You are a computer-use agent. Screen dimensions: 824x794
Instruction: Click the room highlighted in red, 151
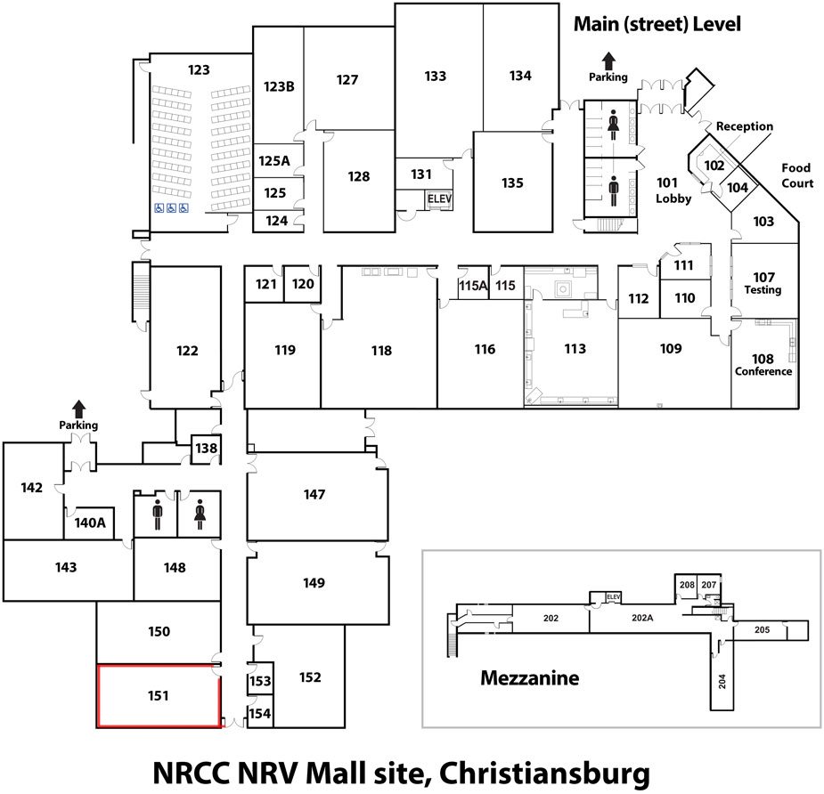pyautogui.click(x=159, y=696)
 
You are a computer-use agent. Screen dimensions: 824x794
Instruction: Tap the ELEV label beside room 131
pyautogui.click(x=439, y=199)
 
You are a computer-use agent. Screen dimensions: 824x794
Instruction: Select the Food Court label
pyautogui.click(x=796, y=175)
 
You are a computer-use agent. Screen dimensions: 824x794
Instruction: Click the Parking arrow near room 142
pyautogui.click(x=78, y=409)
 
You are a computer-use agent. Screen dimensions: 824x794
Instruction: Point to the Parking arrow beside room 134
pyautogui.click(x=608, y=61)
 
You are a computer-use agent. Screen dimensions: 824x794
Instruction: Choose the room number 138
pyautogui.click(x=206, y=449)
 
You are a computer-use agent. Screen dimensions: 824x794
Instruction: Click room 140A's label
pyautogui.click(x=90, y=523)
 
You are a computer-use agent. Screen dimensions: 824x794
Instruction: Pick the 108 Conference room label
pyautogui.click(x=763, y=365)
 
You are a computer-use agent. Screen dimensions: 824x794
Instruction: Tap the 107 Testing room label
pyautogui.click(x=763, y=283)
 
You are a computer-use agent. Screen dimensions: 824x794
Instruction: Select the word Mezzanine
pyautogui.click(x=530, y=678)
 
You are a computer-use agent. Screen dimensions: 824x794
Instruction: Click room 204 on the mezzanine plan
pyautogui.click(x=722, y=681)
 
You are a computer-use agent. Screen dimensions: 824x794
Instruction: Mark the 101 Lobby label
pyautogui.click(x=673, y=190)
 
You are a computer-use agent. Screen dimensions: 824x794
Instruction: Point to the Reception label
pyautogui.click(x=745, y=126)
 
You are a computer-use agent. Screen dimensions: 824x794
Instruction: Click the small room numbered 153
pyautogui.click(x=260, y=681)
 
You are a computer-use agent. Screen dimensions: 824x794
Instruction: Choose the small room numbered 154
pyautogui.click(x=260, y=714)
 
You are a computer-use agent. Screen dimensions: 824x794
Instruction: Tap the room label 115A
pyautogui.click(x=473, y=286)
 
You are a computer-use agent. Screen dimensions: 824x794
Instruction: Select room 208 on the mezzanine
pyautogui.click(x=687, y=585)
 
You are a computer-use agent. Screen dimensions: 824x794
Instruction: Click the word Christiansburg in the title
pyautogui.click(x=544, y=773)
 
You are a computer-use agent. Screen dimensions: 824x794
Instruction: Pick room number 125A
pyautogui.click(x=274, y=161)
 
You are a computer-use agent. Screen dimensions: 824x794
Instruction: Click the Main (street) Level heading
pyautogui.click(x=657, y=24)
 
